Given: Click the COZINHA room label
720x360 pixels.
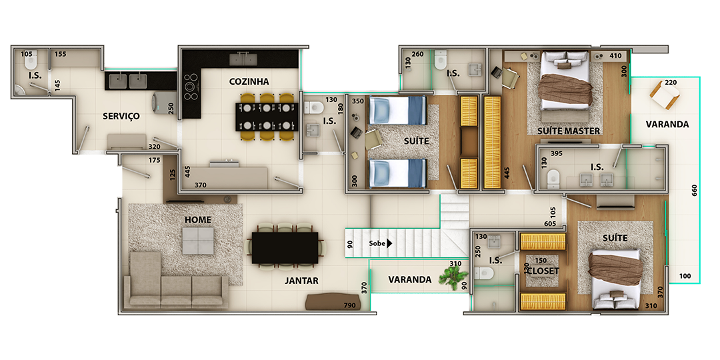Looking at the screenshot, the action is [x=249, y=82].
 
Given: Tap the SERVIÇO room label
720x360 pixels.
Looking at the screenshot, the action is [x=121, y=116].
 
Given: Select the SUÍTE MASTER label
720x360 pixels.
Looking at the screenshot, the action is [x=569, y=131].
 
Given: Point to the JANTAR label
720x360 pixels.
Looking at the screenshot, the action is [x=301, y=281].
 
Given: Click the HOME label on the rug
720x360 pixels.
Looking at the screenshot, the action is [x=198, y=220].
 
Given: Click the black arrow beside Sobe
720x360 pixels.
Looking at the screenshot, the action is [x=389, y=243].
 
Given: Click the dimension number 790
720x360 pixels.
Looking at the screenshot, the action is [x=350, y=306].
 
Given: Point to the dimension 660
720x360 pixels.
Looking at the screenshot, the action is [x=694, y=191].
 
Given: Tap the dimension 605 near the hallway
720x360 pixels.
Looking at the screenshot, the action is [x=550, y=224].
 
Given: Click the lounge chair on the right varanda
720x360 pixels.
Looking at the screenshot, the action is [x=665, y=95].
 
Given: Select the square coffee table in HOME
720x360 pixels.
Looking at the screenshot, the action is [x=198, y=241].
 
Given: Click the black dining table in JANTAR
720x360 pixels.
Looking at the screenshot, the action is [x=285, y=248].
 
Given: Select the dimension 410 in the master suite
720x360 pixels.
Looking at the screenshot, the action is [x=615, y=56].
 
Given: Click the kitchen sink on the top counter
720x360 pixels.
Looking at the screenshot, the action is [x=243, y=59].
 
